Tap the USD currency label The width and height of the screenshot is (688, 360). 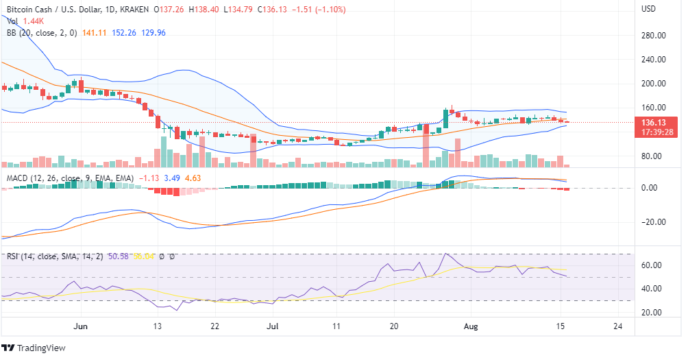click(x=649, y=9)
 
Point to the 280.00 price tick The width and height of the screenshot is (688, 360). click(x=654, y=36)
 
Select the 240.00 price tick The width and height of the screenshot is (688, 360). click(x=654, y=60)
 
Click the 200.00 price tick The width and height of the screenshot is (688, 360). click(x=654, y=84)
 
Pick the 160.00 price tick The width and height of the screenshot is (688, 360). click(x=654, y=108)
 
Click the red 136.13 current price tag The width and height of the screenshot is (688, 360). click(x=654, y=122)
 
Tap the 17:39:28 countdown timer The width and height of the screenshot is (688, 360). click(x=654, y=132)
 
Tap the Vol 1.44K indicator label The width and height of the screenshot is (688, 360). click(x=23, y=21)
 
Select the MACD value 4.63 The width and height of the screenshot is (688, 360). click(x=193, y=178)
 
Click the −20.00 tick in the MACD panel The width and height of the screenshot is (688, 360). click(x=652, y=222)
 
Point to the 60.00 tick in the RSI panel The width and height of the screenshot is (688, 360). click(x=654, y=265)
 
